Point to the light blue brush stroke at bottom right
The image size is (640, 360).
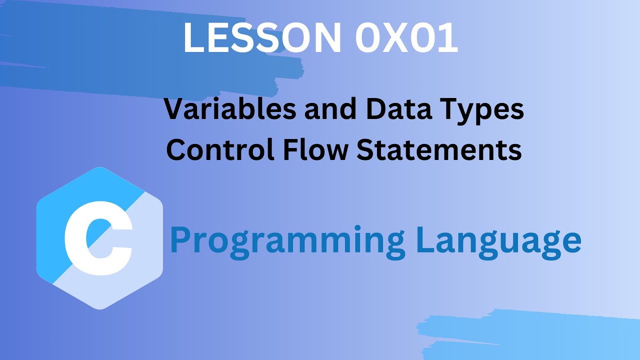(x=530, y=332)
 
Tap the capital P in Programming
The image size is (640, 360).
(x=180, y=240)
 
